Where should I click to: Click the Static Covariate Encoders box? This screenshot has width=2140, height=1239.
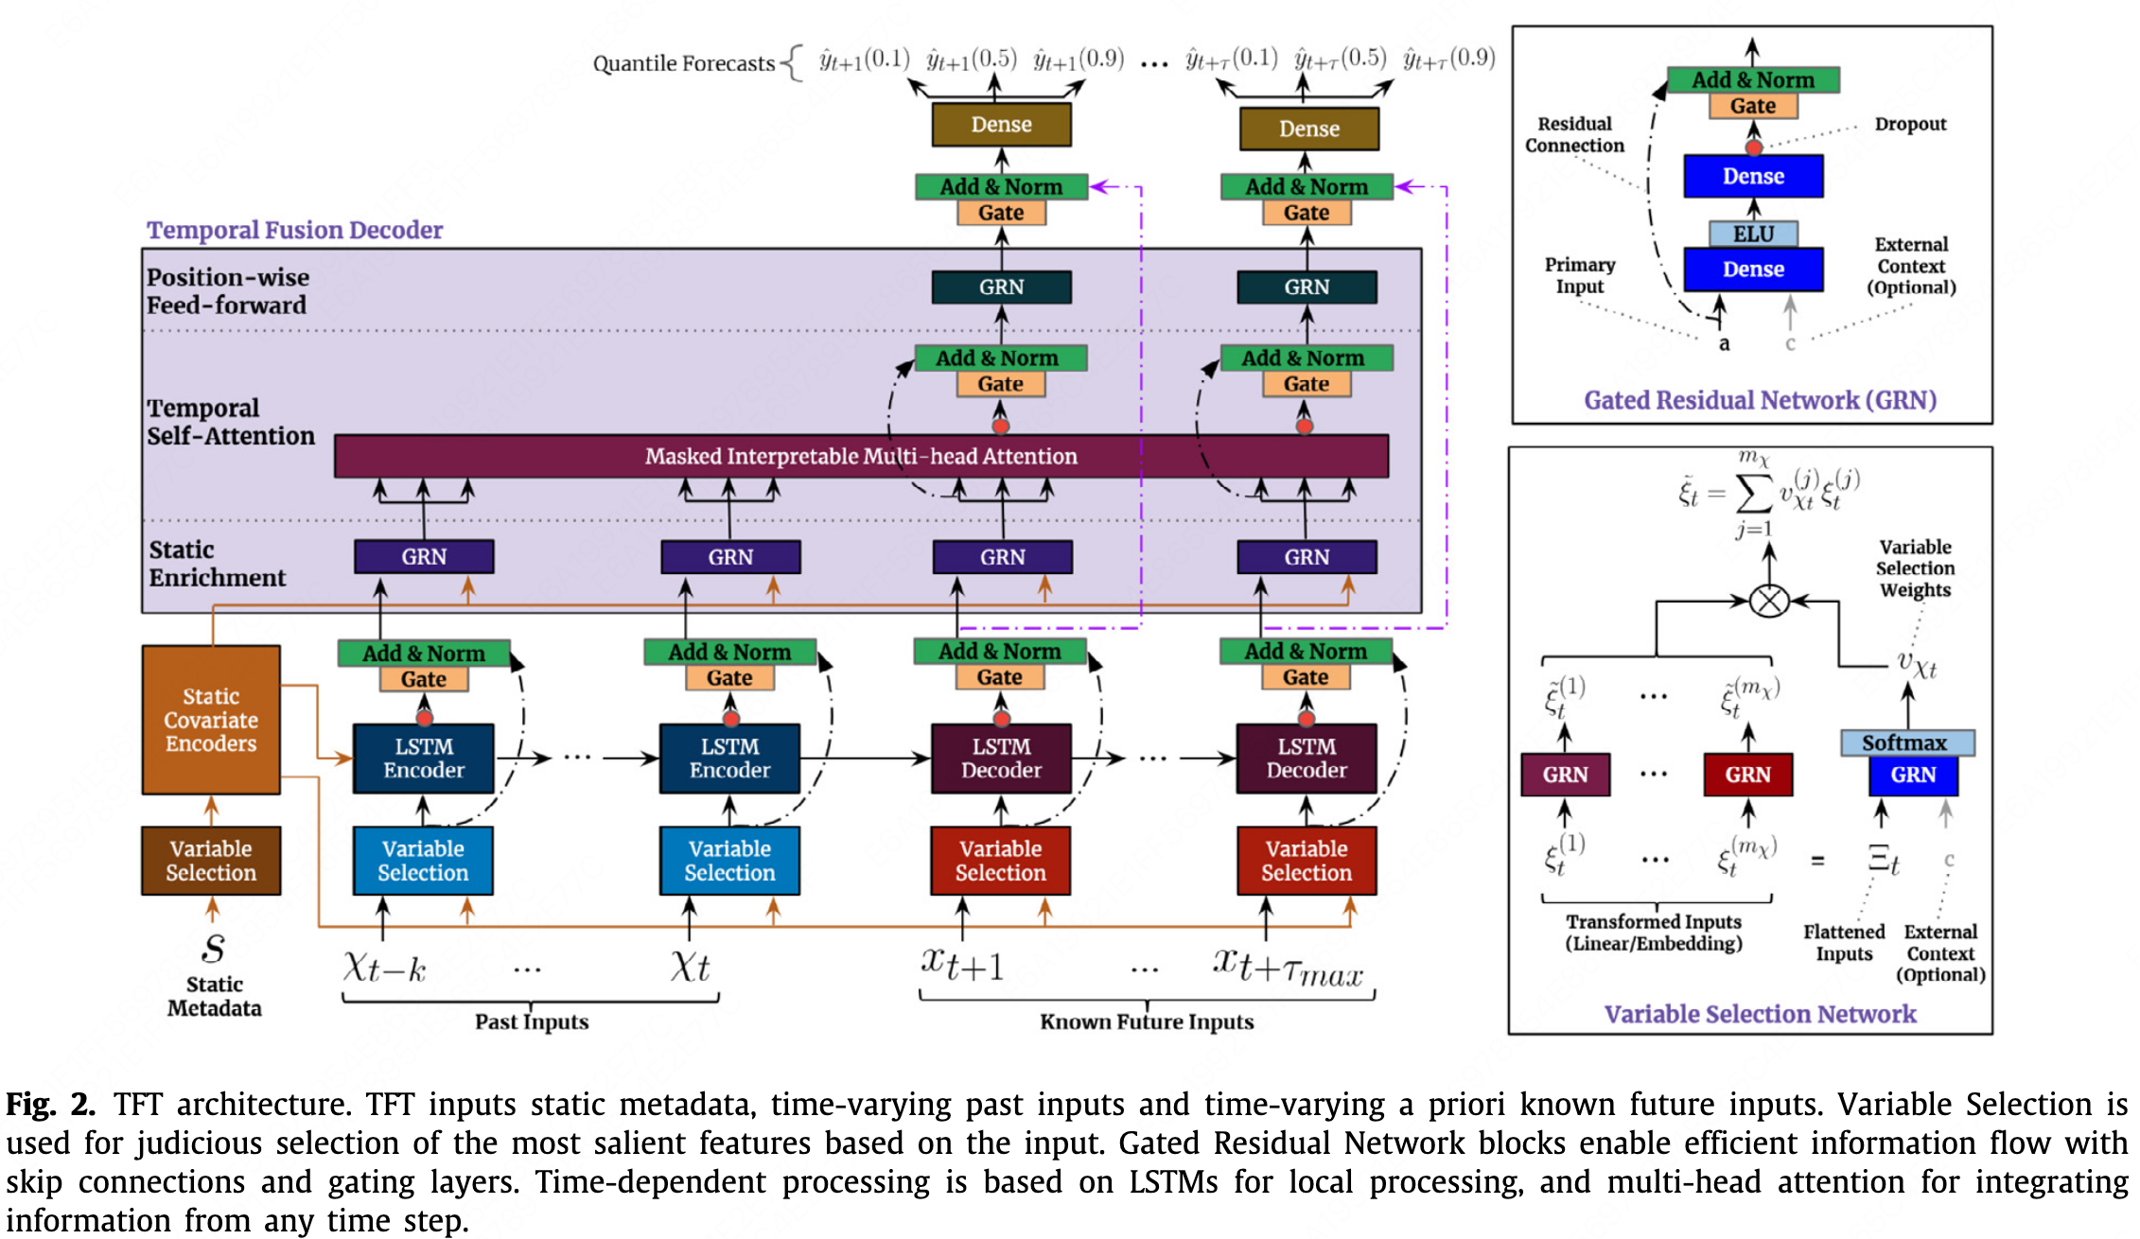[x=211, y=720]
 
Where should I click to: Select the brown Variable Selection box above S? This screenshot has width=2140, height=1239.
[x=211, y=861]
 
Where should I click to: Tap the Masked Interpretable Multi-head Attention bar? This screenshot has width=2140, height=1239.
[x=861, y=456]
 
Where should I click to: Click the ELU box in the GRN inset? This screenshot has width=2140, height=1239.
[x=1753, y=234]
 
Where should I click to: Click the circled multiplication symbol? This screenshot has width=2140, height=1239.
[x=1769, y=601]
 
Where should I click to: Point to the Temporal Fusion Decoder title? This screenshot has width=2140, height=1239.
[x=294, y=230]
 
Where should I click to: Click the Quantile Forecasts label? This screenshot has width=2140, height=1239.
[x=684, y=63]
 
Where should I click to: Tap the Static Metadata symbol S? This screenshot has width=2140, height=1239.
[x=214, y=947]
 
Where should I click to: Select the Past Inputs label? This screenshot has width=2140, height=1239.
[x=532, y=1021]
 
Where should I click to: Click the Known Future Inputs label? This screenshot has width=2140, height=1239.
[x=1147, y=1021]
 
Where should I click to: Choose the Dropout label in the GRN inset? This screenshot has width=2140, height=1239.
[x=1910, y=124]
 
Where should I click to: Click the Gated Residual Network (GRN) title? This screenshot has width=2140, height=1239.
[x=1760, y=400]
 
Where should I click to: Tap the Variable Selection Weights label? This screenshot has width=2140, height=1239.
[x=1915, y=568]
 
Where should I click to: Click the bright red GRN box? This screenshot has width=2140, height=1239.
[x=1747, y=775]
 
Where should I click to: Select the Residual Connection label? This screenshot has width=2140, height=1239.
[x=1574, y=134]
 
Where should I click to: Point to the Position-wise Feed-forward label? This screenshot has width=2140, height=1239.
[x=227, y=291]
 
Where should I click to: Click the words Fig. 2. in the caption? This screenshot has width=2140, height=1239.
[x=51, y=1105]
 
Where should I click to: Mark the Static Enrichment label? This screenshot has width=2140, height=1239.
[x=217, y=564]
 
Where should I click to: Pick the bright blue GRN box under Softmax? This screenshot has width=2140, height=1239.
[x=1913, y=776]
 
